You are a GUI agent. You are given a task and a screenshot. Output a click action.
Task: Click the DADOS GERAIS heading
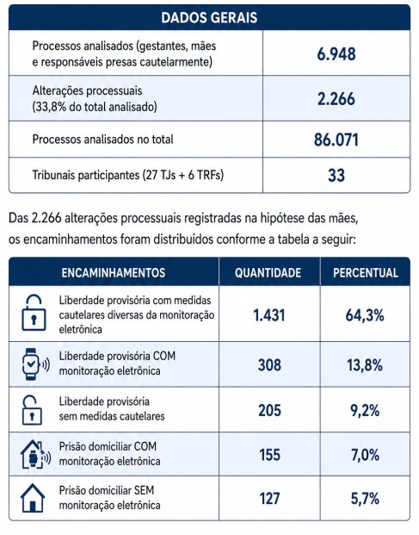pos(209,17)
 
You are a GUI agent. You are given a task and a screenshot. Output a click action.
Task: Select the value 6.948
pos(336,54)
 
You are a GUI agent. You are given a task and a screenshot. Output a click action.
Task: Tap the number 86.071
pos(336,140)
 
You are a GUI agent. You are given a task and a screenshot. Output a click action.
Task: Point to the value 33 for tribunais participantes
pos(336,175)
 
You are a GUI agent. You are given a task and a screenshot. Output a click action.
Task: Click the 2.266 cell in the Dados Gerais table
pos(336,98)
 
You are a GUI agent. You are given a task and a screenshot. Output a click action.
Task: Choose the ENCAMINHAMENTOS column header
pos(114,272)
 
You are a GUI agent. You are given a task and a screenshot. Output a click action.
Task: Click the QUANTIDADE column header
pos(268,272)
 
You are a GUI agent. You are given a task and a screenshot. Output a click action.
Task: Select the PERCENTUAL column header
pos(366,272)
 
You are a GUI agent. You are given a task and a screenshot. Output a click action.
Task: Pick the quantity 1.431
pos(269,315)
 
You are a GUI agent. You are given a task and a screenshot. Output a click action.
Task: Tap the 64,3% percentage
pos(365,315)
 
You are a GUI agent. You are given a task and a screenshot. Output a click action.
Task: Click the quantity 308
pos(269,364)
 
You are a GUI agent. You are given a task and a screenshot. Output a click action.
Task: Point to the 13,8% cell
pos(365,365)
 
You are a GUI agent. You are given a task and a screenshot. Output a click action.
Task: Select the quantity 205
pos(269,410)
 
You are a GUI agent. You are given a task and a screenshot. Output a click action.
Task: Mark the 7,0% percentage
pos(365,455)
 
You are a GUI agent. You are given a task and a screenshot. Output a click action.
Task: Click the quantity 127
pos(269,498)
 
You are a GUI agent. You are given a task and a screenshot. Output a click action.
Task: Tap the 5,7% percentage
pos(365,499)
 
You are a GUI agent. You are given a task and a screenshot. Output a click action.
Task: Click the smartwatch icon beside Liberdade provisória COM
pos(35,364)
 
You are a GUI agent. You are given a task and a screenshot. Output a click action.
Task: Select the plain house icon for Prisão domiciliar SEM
pos(33,498)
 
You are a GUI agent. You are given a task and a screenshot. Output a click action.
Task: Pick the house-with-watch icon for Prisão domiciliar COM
pos(35,454)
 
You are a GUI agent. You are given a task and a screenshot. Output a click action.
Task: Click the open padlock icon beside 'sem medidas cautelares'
pos(32,410)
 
